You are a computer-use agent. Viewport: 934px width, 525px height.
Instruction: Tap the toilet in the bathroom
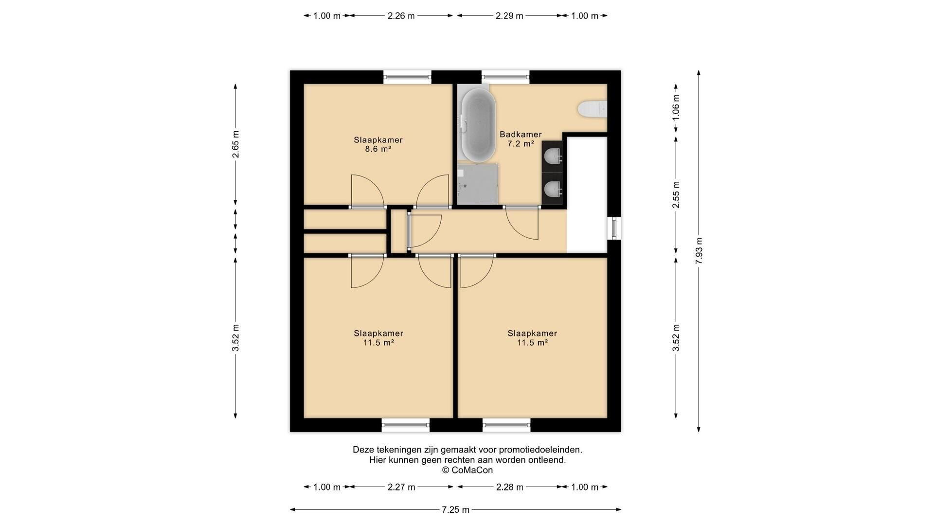pos(593,108)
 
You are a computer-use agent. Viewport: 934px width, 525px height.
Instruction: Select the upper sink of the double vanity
pos(553,157)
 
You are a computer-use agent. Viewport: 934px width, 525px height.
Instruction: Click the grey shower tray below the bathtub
pos(478,184)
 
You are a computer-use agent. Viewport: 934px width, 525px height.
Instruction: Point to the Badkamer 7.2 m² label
pos(521,139)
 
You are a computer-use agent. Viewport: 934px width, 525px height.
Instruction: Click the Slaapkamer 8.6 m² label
pos(378,144)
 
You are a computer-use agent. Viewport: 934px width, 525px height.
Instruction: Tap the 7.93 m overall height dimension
pos(699,251)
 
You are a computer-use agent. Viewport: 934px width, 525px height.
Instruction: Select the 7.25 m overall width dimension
pos(455,509)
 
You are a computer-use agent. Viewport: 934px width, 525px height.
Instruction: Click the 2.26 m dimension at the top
pos(401,16)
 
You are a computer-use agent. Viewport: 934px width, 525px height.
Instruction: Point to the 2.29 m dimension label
pos(509,16)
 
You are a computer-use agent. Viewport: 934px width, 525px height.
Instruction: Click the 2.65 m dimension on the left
pos(235,144)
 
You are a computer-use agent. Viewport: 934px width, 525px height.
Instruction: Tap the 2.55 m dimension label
pos(676,194)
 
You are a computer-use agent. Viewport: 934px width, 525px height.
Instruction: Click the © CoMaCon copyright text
pos(467,470)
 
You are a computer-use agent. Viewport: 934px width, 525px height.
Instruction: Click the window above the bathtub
pos(505,76)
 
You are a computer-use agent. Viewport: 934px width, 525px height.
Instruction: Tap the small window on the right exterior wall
pos(614,228)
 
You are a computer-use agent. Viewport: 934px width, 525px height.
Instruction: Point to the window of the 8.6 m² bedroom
pos(407,76)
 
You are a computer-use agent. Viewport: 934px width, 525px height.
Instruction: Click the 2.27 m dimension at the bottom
pos(401,487)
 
